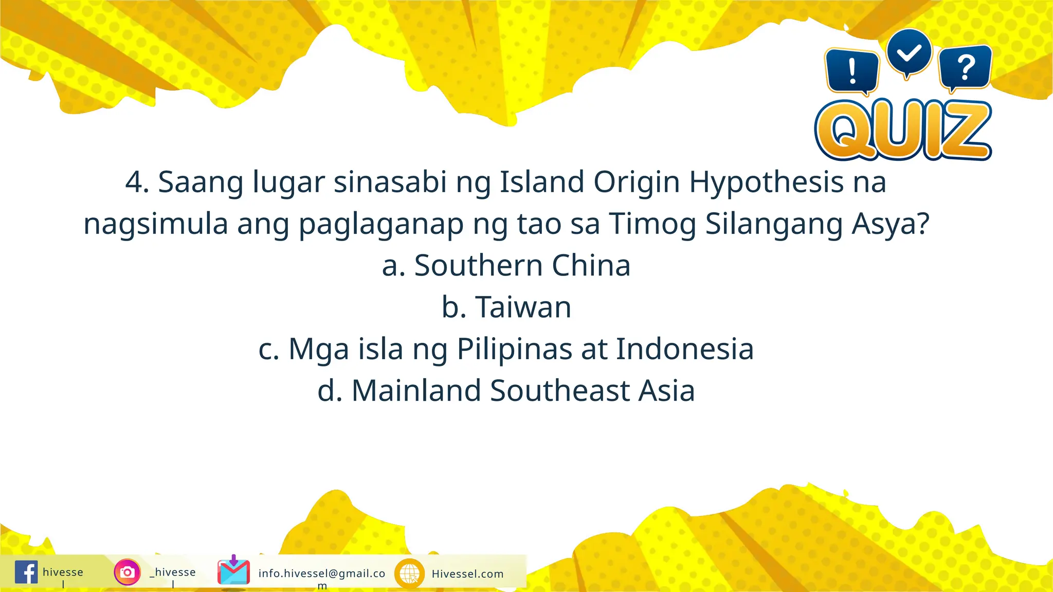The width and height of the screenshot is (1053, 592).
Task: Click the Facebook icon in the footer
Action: (26, 572)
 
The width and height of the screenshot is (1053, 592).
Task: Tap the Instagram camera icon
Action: (127, 572)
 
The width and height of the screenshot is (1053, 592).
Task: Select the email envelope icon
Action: (233, 571)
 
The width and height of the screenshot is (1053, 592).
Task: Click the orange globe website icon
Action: (409, 573)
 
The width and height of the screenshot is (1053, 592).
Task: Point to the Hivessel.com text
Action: (467, 574)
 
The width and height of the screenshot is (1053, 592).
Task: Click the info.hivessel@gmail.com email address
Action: (322, 574)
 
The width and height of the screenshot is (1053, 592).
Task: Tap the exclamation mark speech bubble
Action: (852, 71)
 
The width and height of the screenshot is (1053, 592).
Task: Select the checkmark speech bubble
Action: (909, 53)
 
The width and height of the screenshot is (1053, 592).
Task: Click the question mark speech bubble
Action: (965, 68)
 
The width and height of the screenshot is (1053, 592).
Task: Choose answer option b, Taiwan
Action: (506, 307)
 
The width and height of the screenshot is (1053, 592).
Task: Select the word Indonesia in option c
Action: (685, 349)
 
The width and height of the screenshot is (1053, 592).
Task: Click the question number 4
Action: (137, 182)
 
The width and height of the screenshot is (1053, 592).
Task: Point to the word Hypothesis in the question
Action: (766, 182)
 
